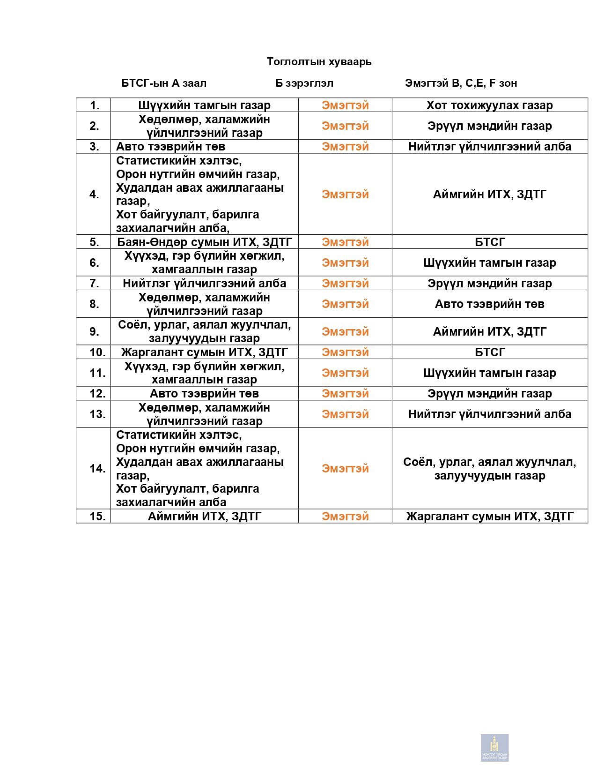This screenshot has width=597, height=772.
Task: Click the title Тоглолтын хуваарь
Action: tap(319, 61)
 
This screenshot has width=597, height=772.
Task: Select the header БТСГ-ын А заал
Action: tap(164, 83)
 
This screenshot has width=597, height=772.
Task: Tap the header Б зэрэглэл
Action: tap(304, 83)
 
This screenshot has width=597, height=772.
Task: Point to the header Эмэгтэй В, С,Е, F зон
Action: tap(461, 83)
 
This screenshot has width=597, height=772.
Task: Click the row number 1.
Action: tap(95, 105)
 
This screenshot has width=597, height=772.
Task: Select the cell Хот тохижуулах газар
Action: tap(489, 105)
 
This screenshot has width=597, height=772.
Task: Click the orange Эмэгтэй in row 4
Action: tap(345, 194)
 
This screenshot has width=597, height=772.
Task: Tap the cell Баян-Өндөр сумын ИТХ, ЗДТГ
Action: tap(205, 242)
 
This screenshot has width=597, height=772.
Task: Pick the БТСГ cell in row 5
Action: tap(489, 242)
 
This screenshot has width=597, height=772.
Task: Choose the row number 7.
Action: tap(95, 283)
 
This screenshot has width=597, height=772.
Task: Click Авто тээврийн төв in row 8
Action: tap(489, 304)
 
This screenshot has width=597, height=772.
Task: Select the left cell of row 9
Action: tap(205, 331)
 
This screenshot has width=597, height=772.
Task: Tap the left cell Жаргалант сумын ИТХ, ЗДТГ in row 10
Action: tap(205, 352)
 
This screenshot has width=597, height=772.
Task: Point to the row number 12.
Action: tap(97, 393)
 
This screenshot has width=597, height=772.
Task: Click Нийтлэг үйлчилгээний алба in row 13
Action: tap(489, 414)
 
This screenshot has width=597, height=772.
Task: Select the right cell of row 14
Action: tap(489, 469)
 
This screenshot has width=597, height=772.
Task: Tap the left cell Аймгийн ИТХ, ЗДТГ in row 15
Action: tap(205, 516)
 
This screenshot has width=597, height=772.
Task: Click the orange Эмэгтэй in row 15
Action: tap(345, 516)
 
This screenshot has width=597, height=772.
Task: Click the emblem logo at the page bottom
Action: tap(494, 747)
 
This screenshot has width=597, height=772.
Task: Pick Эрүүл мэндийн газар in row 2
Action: tap(489, 126)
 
